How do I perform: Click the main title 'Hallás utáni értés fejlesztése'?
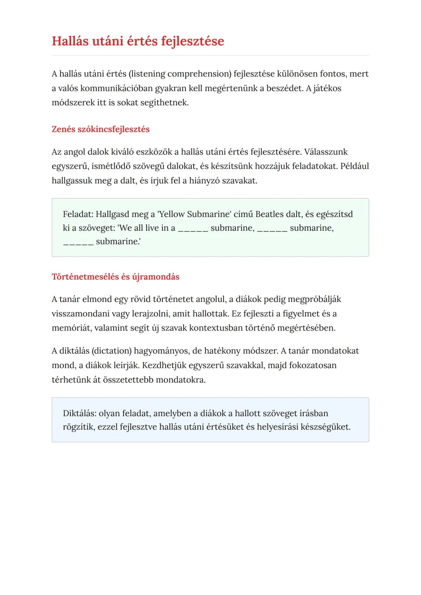tap(138, 41)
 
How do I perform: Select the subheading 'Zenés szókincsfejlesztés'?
tap(101, 129)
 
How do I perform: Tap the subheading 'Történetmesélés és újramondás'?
tap(115, 277)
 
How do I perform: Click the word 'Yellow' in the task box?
tap(171, 214)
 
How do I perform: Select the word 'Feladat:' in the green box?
tap(78, 214)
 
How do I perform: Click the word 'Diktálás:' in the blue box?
tap(80, 413)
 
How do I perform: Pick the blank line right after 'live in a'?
tap(193, 229)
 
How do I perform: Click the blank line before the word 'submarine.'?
tap(78, 242)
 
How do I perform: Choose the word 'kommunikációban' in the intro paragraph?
tap(117, 88)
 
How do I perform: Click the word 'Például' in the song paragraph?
tap(354, 166)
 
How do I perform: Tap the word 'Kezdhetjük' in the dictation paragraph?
tap(164, 365)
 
